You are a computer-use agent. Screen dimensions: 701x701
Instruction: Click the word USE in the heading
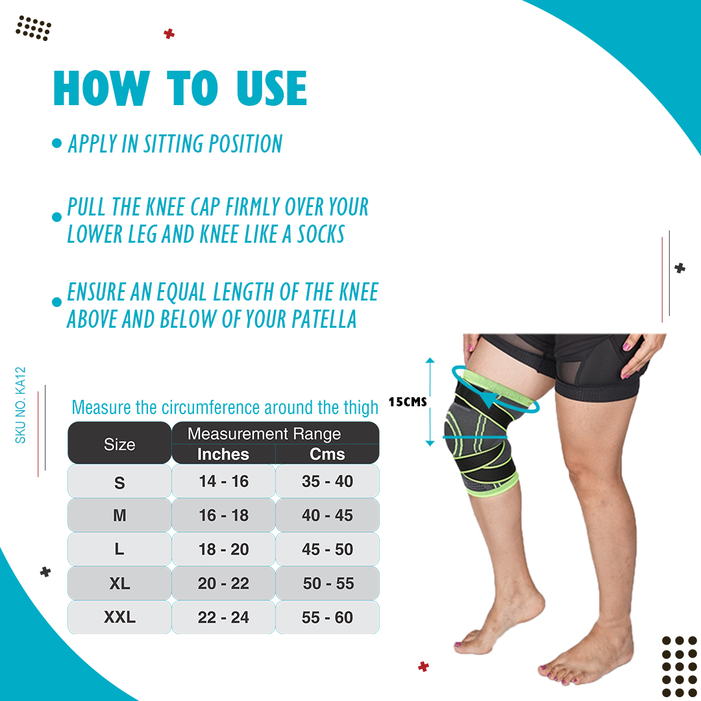[272, 88]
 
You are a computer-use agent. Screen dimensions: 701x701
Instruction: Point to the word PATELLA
[324, 319]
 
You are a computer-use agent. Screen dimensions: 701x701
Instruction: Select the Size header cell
[119, 444]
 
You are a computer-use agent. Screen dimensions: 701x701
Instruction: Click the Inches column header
[223, 454]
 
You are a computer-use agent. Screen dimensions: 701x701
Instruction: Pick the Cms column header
[327, 454]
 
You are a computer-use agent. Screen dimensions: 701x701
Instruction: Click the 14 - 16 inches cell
[223, 481]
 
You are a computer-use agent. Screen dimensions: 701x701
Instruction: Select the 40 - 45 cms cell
[327, 515]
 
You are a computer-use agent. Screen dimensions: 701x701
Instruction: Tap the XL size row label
[119, 584]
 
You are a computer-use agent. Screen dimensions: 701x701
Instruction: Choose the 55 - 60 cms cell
[327, 617]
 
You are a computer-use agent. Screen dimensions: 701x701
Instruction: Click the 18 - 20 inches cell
[223, 549]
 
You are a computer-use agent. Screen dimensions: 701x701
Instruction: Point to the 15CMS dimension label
[408, 402]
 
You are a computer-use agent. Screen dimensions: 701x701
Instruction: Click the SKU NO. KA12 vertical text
[21, 405]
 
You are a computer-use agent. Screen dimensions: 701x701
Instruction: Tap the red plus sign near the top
[169, 34]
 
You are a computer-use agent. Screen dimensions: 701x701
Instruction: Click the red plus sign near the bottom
[423, 667]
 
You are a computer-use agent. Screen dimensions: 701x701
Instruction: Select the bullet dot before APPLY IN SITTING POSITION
[56, 143]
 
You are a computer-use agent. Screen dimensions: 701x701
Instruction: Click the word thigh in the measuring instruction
[361, 407]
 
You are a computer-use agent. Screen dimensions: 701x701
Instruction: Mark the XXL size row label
[119, 617]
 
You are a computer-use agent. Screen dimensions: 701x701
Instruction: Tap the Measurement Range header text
[264, 434]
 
